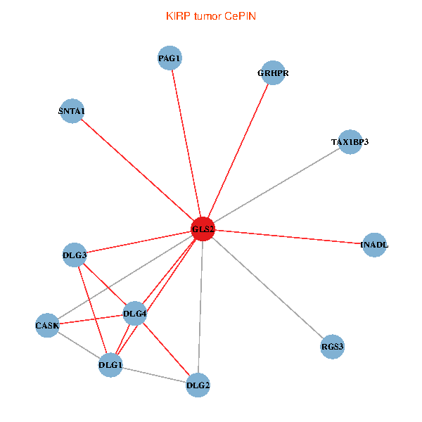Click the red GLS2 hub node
[203, 229]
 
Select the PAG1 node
[170, 58]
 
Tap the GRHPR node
[273, 73]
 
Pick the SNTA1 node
[72, 111]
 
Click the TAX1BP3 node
[350, 142]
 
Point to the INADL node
[374, 245]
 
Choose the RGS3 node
[332, 347]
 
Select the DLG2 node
[198, 385]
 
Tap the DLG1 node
[110, 365]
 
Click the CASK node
[47, 326]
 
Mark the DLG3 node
[75, 255]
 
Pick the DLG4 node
[134, 313]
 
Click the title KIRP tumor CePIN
[210, 15]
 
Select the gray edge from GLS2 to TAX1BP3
[276, 186]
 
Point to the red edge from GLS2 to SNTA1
[137, 170]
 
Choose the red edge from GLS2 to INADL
[288, 237]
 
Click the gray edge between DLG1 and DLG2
[155, 375]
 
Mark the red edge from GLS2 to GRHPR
[238, 151]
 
